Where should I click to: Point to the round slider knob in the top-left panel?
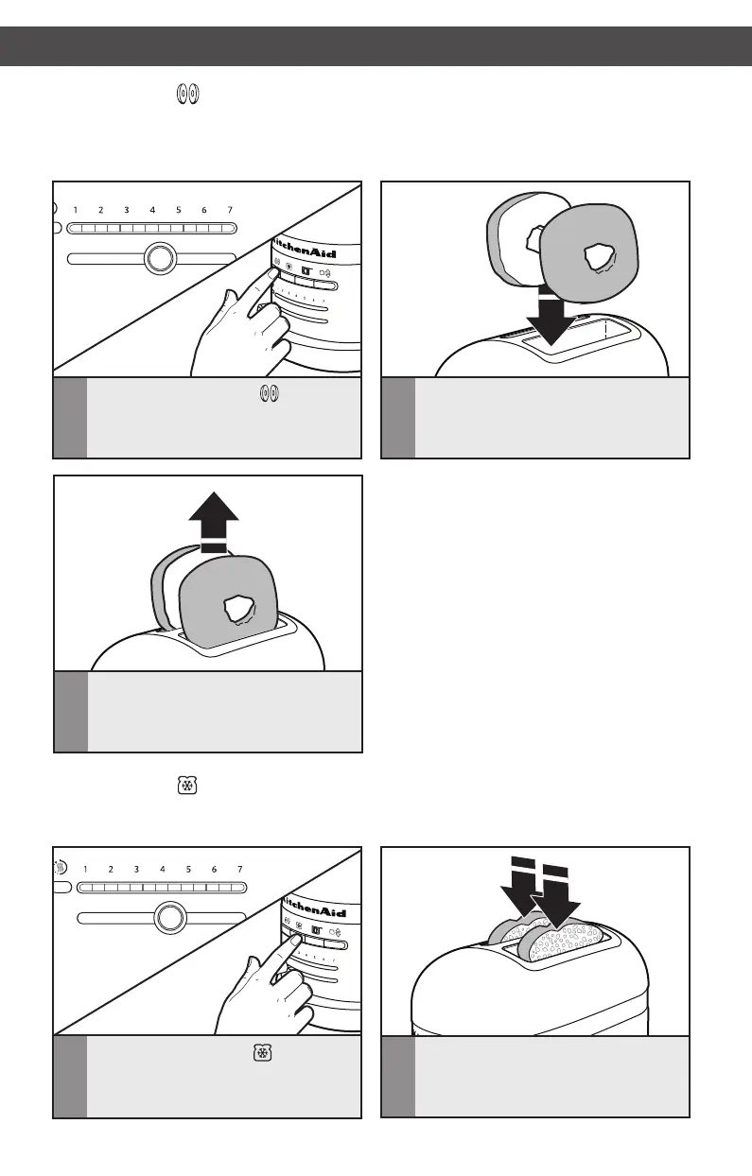pyautogui.click(x=161, y=257)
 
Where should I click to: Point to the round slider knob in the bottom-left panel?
pyautogui.click(x=169, y=917)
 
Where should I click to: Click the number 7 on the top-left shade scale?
pyautogui.click(x=228, y=209)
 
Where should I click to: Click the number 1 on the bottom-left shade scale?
pyautogui.click(x=85, y=868)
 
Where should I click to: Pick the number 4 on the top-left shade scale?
pyautogui.click(x=152, y=209)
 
